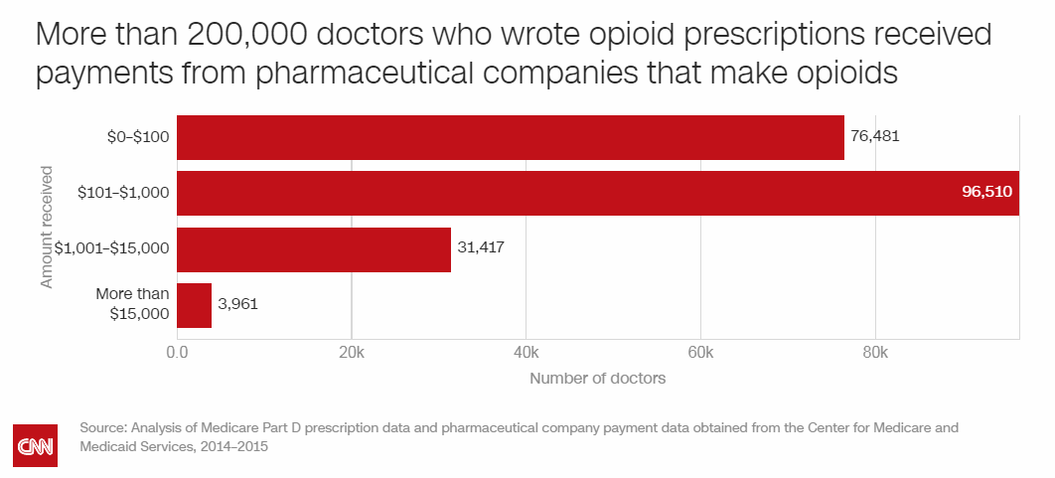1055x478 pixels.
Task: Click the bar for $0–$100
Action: point(511,137)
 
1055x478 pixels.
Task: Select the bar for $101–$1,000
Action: point(598,193)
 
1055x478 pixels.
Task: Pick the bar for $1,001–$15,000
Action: point(314,249)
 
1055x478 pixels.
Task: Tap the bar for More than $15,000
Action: point(195,305)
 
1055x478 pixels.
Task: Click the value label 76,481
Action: point(875,136)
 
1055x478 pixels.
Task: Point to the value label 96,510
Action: point(987,193)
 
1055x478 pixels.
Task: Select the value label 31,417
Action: point(481,248)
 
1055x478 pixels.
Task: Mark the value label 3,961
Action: point(237,304)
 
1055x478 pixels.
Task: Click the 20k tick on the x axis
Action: point(352,353)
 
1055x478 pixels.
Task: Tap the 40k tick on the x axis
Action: point(527,353)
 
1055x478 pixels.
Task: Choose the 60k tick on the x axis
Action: point(700,353)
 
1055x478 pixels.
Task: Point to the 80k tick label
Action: point(875,353)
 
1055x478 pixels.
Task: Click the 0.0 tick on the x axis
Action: point(177,353)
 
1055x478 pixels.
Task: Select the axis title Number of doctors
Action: point(597,379)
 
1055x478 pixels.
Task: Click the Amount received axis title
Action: point(47,228)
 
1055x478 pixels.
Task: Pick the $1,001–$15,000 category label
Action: point(112,249)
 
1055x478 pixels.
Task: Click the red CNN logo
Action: point(36,445)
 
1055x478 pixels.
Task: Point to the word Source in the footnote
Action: point(101,428)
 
